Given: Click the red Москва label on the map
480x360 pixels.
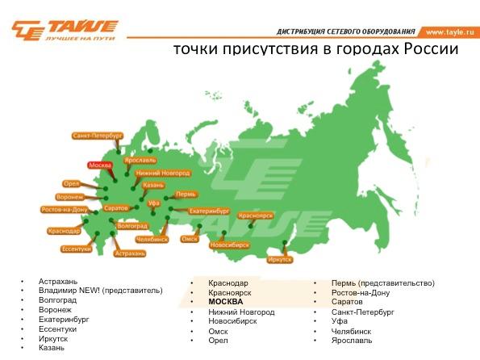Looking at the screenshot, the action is [x=100, y=165].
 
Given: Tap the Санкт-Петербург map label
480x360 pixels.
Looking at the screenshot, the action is [x=98, y=136].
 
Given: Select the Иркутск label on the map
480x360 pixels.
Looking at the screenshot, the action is [x=280, y=260].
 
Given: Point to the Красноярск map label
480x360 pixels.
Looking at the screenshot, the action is [x=255, y=216].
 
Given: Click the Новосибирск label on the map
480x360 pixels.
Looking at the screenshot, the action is [x=230, y=245].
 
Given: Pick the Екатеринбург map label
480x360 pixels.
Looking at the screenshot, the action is [x=210, y=211].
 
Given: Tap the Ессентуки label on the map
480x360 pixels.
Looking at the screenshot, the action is [x=76, y=249].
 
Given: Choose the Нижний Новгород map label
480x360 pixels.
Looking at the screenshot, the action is [x=163, y=173].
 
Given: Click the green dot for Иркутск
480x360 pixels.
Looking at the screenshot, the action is [x=285, y=242].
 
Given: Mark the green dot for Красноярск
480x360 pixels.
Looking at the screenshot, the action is [x=251, y=226].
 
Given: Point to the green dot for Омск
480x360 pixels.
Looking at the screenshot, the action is [x=199, y=226].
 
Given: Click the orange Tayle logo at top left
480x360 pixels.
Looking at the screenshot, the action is [x=65, y=30].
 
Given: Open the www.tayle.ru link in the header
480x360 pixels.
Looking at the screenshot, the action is [x=449, y=31].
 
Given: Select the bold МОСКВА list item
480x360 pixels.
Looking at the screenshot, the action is [x=226, y=302].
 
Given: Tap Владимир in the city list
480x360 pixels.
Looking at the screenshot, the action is [x=57, y=291].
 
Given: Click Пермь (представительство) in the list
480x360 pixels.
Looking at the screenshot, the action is [x=383, y=283].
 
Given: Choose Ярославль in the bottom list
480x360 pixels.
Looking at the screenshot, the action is [x=352, y=341].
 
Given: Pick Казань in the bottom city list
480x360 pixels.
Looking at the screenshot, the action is [x=52, y=348].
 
